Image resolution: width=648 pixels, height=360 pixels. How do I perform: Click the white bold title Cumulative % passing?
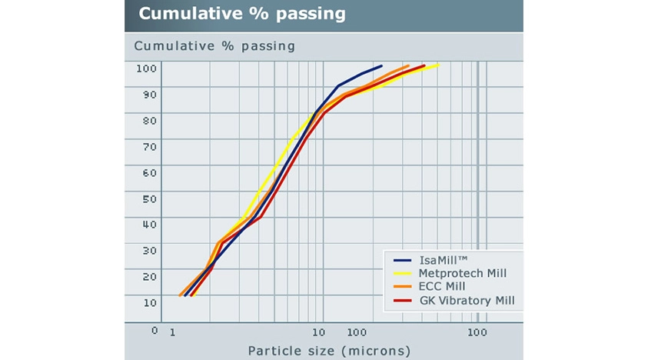pyautogui.click(x=242, y=15)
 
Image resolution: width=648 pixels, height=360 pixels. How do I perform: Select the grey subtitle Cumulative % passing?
pyautogui.click(x=214, y=45)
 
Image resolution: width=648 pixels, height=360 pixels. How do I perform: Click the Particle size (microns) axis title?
pyautogui.click(x=329, y=351)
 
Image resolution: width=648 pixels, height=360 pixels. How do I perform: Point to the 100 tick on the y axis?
pyautogui.click(x=147, y=68)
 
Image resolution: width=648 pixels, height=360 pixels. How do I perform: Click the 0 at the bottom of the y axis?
pyautogui.click(x=155, y=331)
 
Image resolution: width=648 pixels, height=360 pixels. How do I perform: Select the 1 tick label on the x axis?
pyautogui.click(x=172, y=332)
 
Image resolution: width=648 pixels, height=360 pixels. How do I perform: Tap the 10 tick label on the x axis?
pyautogui.click(x=317, y=332)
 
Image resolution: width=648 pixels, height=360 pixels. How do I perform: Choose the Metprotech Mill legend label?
pyautogui.click(x=463, y=273)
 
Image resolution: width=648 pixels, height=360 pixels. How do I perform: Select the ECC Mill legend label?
pyautogui.click(x=444, y=286)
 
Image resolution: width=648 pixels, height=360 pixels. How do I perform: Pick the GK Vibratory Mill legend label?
pyautogui.click(x=467, y=300)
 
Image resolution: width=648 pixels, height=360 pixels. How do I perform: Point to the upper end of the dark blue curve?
pyautogui.click(x=381, y=66)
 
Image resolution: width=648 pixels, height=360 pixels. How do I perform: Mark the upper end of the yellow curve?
pyautogui.click(x=437, y=65)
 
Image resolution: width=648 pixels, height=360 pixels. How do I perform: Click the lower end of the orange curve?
pyautogui.click(x=180, y=295)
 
